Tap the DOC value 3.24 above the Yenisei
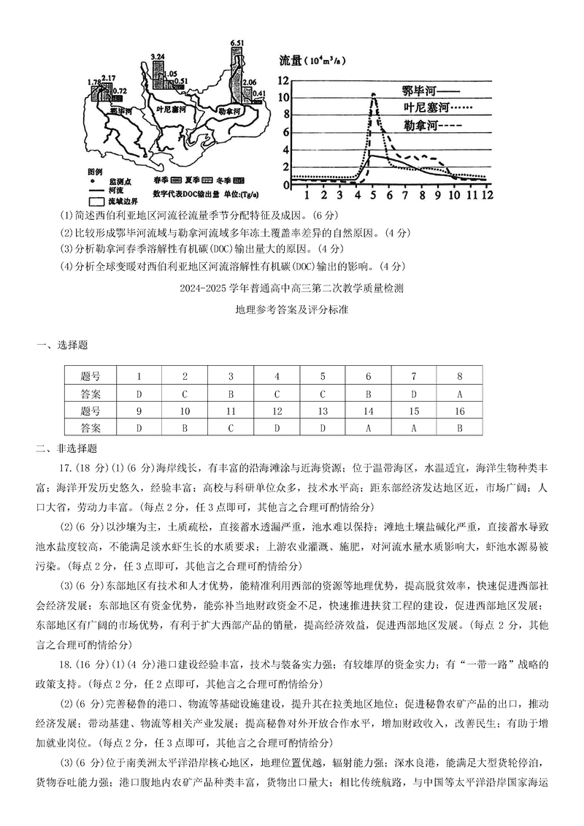[x=158, y=56]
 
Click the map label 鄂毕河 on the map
[x=120, y=110]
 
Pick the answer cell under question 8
[x=459, y=393]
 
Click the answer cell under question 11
[x=230, y=428]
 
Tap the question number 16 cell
[x=459, y=410]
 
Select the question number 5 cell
[x=322, y=376]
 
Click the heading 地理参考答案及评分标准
[x=292, y=310]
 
